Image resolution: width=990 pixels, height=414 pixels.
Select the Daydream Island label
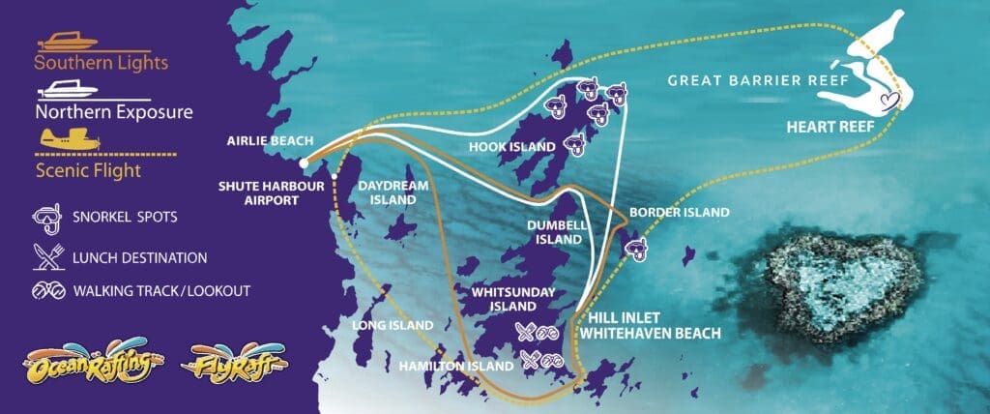387,192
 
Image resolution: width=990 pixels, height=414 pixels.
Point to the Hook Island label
511,147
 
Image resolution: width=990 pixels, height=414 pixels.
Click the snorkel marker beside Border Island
638,251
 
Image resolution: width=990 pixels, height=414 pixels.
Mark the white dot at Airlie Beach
304,163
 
